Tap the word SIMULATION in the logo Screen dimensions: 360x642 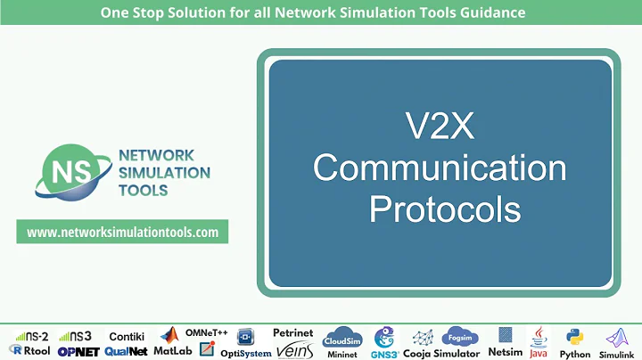click(x=164, y=172)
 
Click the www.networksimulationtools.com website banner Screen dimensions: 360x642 click(x=123, y=232)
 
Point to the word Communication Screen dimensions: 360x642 click(x=440, y=168)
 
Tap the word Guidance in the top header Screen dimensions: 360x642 click(x=489, y=12)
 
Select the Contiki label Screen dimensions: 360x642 click(x=127, y=336)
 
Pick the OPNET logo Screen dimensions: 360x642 click(x=78, y=352)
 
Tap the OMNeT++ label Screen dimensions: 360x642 click(x=207, y=332)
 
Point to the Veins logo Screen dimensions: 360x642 click(x=292, y=350)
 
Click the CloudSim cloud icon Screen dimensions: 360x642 click(x=342, y=340)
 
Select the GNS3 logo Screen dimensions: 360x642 click(x=384, y=342)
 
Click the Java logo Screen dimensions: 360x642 click(x=538, y=342)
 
